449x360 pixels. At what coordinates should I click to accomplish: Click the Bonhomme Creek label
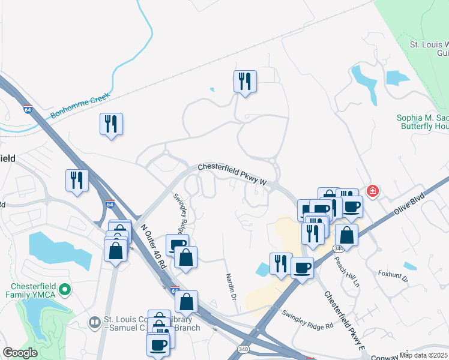[x=80, y=104]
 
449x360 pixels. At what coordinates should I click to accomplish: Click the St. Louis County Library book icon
[x=94, y=323]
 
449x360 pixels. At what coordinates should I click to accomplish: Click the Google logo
[x=20, y=353]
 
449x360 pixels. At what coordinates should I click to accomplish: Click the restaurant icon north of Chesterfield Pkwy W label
[x=245, y=81]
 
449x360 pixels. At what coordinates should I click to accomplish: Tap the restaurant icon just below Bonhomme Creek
[x=111, y=124]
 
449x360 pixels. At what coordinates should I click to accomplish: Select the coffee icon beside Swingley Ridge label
[x=178, y=245]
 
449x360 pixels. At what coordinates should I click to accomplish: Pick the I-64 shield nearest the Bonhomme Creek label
[x=28, y=109]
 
